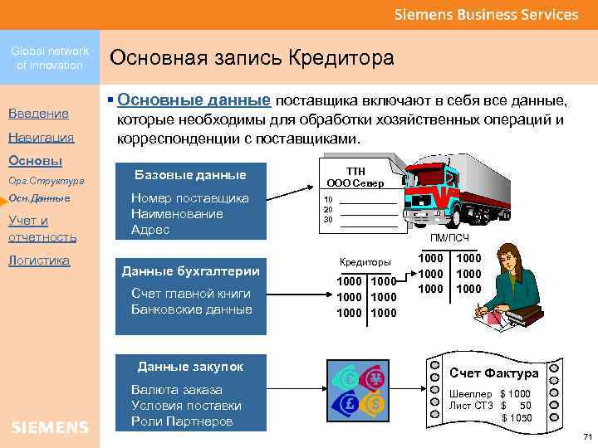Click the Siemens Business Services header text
coord(485,14)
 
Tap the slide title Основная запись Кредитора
coord(252,58)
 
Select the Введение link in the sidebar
coord(38,113)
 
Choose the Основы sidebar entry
coord(34,159)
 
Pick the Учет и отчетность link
coord(42,228)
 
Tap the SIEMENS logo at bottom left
coord(50,427)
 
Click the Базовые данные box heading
coord(190,175)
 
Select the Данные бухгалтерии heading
coord(190,271)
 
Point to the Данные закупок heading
coord(190,366)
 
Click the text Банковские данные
coord(191,309)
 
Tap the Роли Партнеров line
coord(181,421)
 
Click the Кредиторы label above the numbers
coord(365,262)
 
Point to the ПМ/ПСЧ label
coord(448,238)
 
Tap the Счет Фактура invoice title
coord(493,373)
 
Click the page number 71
coord(586,436)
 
